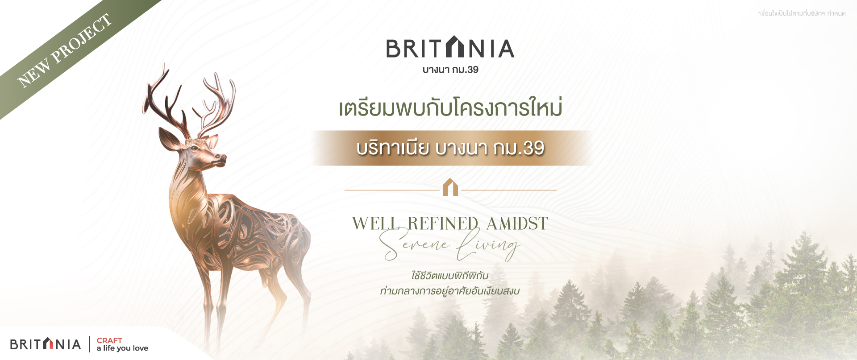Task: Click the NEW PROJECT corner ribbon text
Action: click(x=64, y=50)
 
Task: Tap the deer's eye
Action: click(x=195, y=148)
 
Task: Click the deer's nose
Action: click(x=222, y=157)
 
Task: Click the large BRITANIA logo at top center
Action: click(x=450, y=47)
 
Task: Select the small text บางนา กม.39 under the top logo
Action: click(x=450, y=70)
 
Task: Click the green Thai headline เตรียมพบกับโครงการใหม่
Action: click(x=450, y=108)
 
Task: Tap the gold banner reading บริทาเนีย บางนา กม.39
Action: click(x=451, y=148)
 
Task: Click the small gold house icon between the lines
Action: click(x=450, y=187)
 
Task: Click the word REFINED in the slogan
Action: click(x=443, y=223)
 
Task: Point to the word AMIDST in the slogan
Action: click(x=517, y=223)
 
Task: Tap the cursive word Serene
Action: click(x=414, y=244)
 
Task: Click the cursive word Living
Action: click(x=488, y=244)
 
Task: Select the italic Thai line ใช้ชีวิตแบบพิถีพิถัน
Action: click(x=449, y=275)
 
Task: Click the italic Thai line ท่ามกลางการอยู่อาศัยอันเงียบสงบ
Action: click(x=449, y=291)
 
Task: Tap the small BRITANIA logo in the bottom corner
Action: click(x=46, y=344)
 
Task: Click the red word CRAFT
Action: click(x=109, y=340)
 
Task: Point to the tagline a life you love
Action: click(x=122, y=348)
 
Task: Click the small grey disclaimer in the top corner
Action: click(x=802, y=13)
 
